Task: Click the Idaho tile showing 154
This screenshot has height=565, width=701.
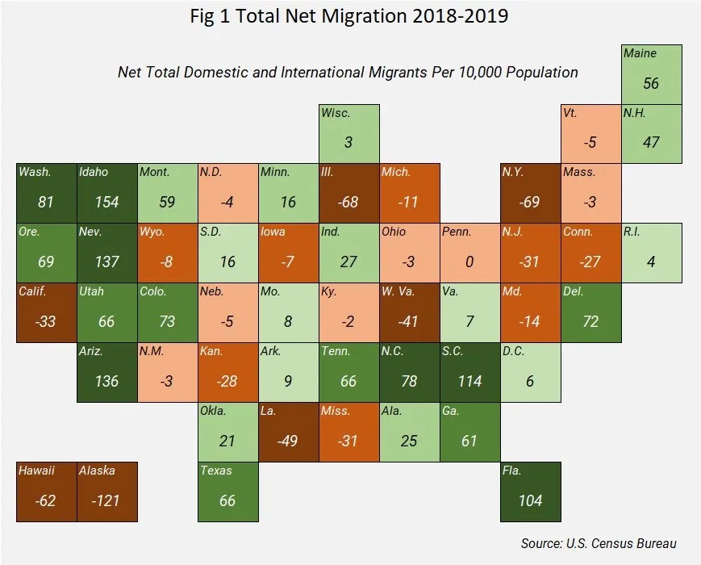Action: [107, 194]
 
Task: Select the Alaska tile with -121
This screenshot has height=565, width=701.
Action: [107, 492]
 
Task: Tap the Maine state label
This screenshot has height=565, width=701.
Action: [640, 53]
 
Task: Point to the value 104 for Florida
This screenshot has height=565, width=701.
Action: [530, 500]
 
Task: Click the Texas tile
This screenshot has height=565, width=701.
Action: [228, 492]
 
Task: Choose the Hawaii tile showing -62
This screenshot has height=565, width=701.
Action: [47, 492]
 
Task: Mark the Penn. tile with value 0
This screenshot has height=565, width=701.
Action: [470, 253]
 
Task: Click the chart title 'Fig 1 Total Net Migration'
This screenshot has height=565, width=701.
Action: [349, 15]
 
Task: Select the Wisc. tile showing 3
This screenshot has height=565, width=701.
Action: [349, 134]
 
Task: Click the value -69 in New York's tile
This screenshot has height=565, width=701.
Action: [530, 202]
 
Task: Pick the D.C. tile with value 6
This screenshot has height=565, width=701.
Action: [530, 372]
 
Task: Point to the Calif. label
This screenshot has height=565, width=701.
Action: [33, 291]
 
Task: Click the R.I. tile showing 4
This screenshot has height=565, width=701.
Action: [652, 253]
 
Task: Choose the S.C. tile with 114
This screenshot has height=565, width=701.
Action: [470, 372]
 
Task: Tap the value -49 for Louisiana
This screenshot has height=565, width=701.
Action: [288, 441]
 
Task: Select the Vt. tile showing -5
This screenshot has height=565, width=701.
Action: [591, 134]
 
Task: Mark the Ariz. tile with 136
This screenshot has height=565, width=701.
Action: [107, 372]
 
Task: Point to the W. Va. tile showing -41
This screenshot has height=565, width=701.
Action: [410, 312]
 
